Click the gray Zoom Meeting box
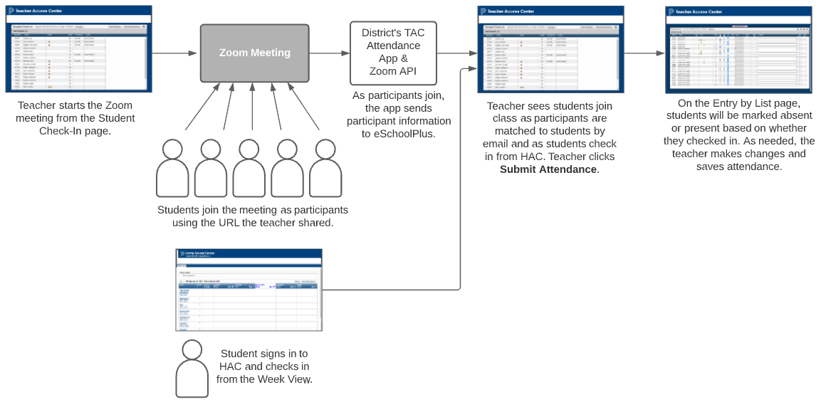(x=254, y=53)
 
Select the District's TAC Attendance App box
(x=393, y=53)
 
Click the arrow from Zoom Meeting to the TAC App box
(x=329, y=53)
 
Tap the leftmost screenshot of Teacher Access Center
(x=79, y=49)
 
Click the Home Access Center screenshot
(x=249, y=290)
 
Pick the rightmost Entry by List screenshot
(x=738, y=50)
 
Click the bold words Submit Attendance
(x=548, y=169)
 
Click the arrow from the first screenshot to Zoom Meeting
(x=175, y=53)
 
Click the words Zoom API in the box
(x=393, y=71)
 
